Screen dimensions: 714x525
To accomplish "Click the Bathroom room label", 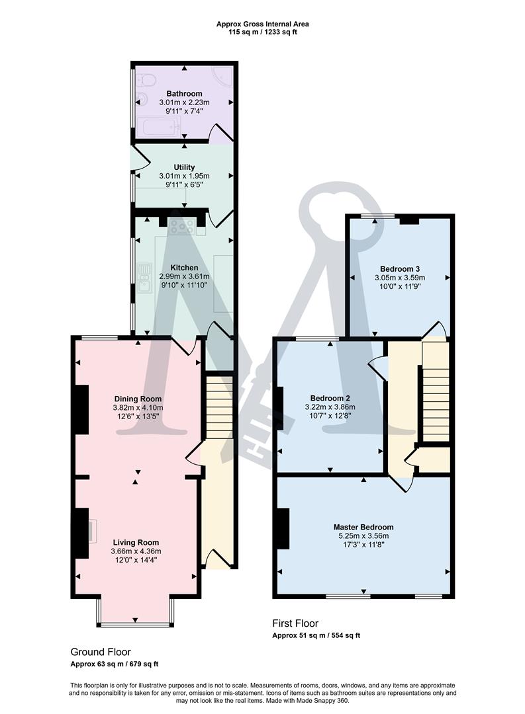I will tap(184, 94).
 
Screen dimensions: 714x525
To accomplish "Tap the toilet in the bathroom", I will tap(148, 81).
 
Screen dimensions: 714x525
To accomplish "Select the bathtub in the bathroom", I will tap(158, 126).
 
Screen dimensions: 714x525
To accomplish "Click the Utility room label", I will tap(184, 167).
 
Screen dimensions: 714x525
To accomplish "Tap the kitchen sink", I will tap(144, 278).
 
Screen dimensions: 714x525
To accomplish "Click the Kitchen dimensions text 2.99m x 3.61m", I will tap(184, 276).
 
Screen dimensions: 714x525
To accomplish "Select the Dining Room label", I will tap(138, 399).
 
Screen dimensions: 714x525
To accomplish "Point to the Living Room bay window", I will tap(135, 615).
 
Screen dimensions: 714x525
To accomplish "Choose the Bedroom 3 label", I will tap(400, 268).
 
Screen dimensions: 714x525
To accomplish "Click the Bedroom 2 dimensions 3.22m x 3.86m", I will tap(331, 407).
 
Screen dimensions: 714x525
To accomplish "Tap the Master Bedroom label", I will tap(363, 527).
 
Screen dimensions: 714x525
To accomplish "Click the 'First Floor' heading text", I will tap(295, 623).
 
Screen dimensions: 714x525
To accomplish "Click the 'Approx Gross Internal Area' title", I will tap(262, 24).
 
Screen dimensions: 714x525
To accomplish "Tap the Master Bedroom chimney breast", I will tap(283, 528).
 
